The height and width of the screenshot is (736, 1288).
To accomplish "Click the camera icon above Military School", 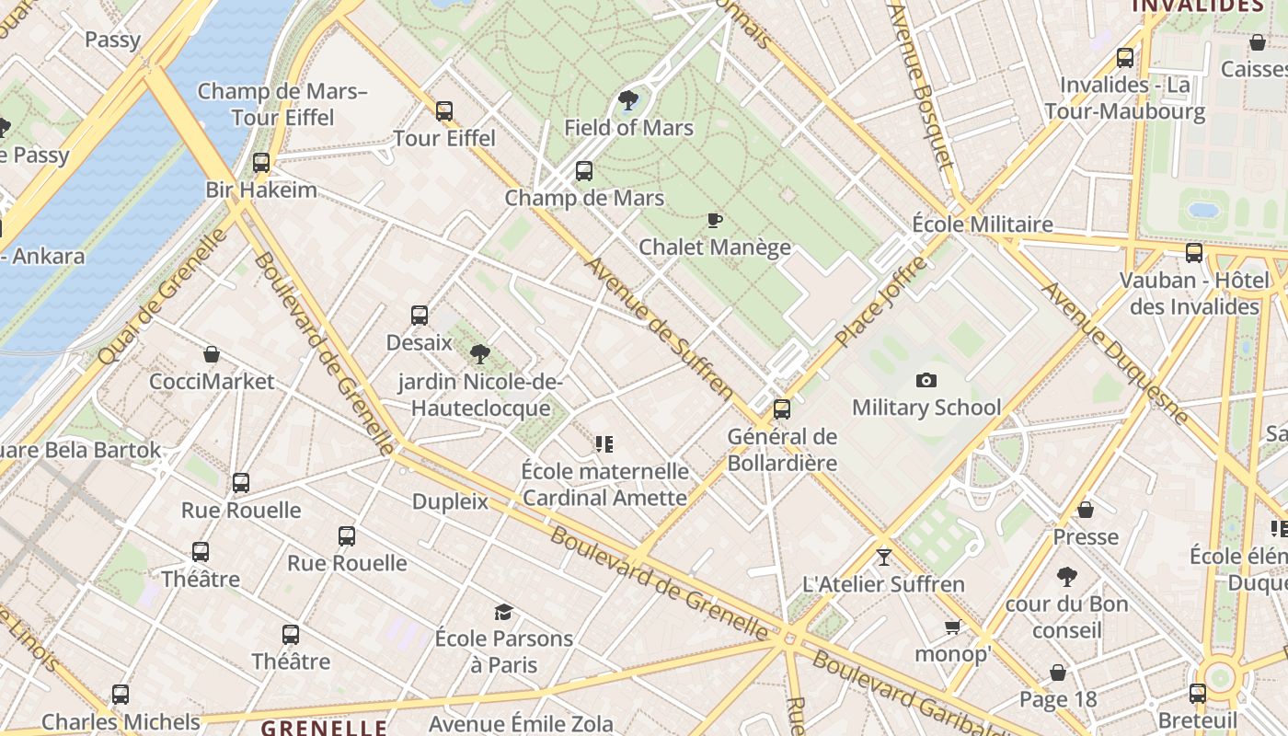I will point(926,380).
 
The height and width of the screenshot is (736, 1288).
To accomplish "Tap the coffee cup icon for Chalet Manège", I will point(714,220).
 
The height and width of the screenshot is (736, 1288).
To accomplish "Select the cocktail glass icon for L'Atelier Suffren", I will point(883,557).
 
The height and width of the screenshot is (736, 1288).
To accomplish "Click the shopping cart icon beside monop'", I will point(952,627).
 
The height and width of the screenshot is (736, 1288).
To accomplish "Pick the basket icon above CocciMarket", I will point(212,354).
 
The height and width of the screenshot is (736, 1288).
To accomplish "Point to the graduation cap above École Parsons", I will point(503,612).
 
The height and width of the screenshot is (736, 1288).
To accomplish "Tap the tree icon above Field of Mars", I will point(628,100).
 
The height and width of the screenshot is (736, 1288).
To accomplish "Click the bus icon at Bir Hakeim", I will point(261,163).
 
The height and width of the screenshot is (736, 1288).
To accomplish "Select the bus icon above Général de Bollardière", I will point(782,408).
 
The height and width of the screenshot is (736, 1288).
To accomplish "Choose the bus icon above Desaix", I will point(420,316).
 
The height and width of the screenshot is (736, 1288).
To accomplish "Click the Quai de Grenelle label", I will point(162,295).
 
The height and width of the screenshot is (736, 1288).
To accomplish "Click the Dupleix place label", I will point(450,501).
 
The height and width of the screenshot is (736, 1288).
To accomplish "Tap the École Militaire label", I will point(982,224).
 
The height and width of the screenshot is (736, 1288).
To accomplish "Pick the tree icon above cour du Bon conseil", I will point(1067,577).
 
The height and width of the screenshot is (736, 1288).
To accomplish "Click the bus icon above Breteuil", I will point(1197,694).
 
